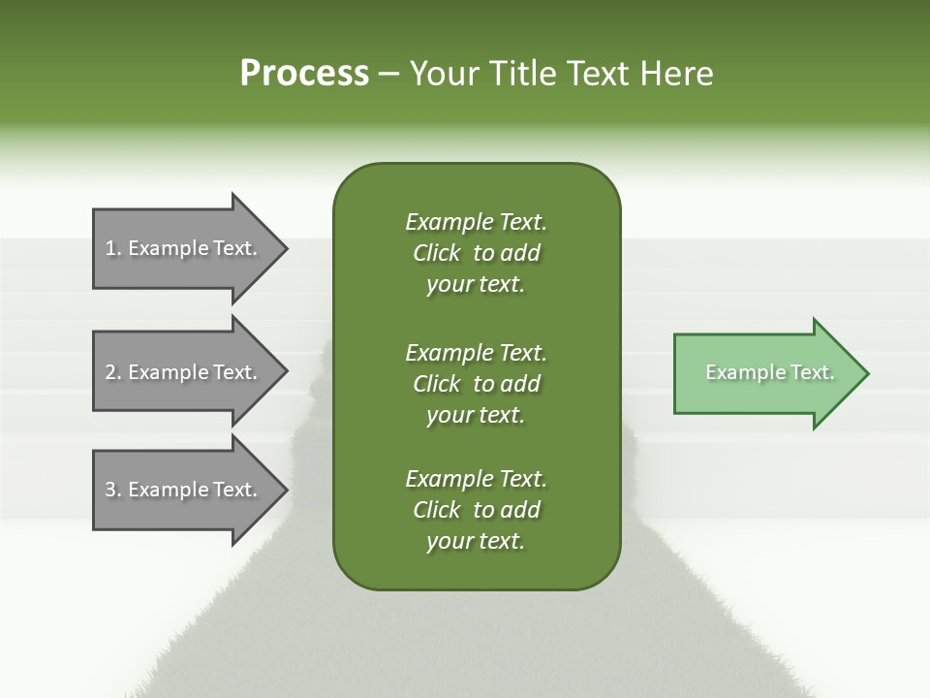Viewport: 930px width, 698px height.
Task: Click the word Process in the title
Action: click(x=304, y=74)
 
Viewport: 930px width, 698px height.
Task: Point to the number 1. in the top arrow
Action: click(x=113, y=248)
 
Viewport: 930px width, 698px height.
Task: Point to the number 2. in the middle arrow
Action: click(x=113, y=372)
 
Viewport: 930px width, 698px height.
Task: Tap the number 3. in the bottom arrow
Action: click(x=113, y=490)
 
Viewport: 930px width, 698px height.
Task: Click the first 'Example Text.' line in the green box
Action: click(x=476, y=222)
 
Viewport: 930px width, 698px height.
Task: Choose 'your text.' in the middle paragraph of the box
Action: click(x=476, y=415)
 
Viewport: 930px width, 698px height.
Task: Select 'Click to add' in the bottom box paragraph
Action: click(x=476, y=510)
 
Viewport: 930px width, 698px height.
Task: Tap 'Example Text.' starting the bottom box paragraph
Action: click(x=476, y=479)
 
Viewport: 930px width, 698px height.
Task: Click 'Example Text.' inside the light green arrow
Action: click(x=770, y=372)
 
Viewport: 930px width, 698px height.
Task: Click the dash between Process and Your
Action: click(x=388, y=74)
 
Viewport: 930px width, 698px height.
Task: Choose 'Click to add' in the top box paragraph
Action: click(x=476, y=253)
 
